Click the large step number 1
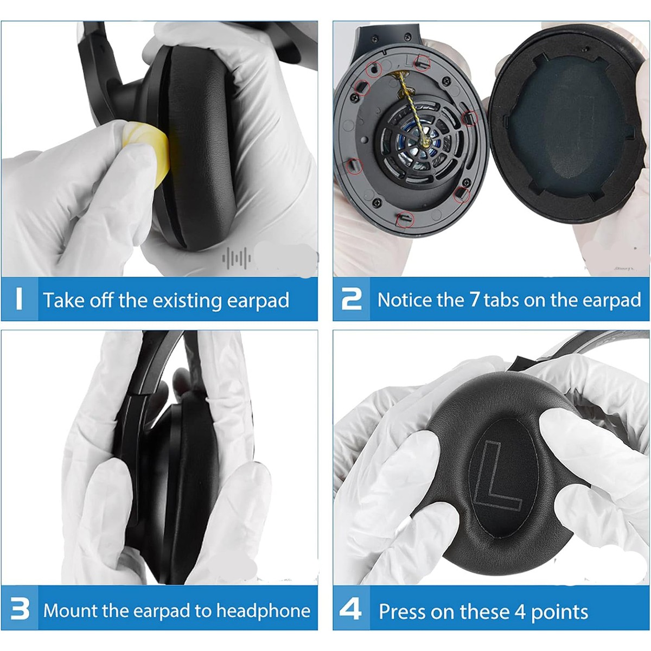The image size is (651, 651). pos(19,298)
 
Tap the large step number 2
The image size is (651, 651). pos(351,298)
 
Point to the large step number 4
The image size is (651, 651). pos(350,609)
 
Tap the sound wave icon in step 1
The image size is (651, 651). pos(237,258)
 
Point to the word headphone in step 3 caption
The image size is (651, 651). pos(263,611)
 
